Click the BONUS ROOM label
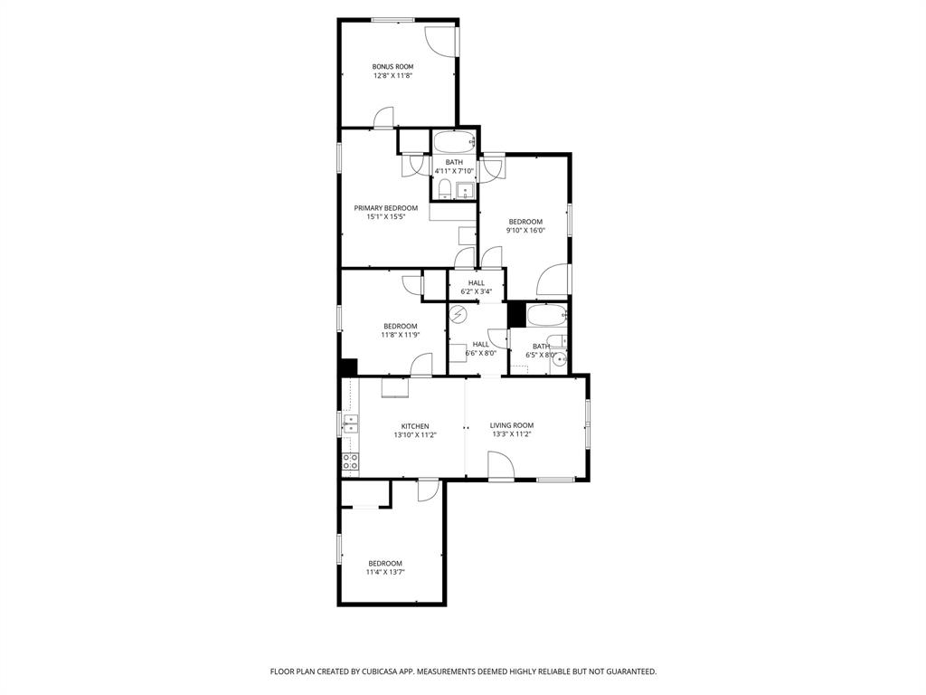392,66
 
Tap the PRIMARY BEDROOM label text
385,208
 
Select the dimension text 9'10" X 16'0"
525,231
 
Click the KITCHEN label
415,426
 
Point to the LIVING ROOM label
512,425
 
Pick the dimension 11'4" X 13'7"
384,572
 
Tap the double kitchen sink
350,423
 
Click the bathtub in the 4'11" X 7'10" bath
453,143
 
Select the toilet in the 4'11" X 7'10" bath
444,189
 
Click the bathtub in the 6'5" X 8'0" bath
547,316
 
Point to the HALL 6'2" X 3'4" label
476,287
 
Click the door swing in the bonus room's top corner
441,40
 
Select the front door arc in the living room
500,465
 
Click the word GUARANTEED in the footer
626,671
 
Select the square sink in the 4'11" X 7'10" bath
465,190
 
